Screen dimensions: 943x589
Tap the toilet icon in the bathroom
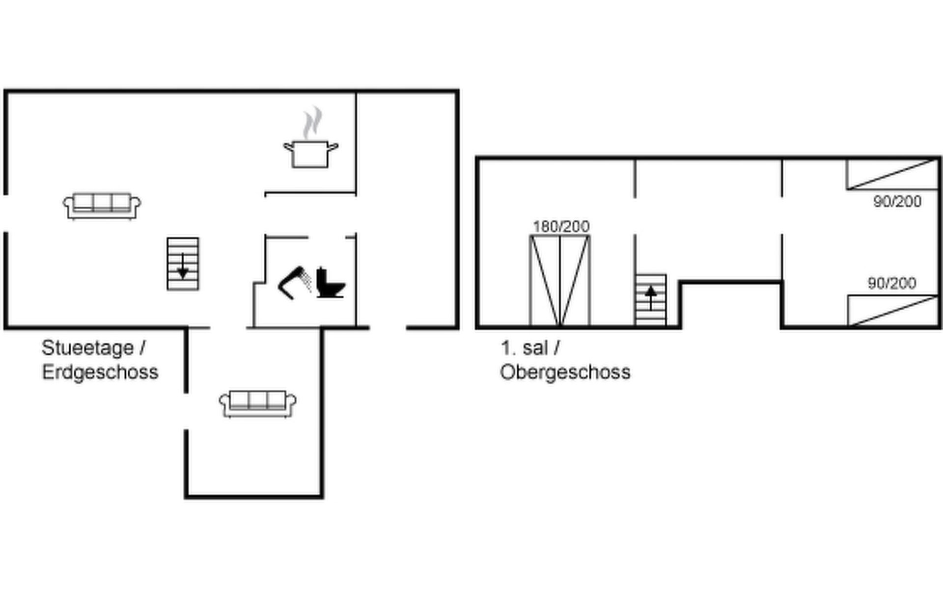pos(330,283)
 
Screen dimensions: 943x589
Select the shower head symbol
pos(295,283)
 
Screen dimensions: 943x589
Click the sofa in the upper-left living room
pos(102,206)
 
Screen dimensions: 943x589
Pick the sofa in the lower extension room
pos(258,404)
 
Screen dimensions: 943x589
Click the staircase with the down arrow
pos(183,264)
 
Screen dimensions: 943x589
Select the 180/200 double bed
pos(560,281)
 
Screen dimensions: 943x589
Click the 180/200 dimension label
pos(561,226)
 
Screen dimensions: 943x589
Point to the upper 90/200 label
pos(897,201)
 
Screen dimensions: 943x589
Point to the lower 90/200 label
pos(892,283)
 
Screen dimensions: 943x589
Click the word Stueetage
pos(88,348)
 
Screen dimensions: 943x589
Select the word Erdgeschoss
pos(100,372)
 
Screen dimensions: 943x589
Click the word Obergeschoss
pos(565,372)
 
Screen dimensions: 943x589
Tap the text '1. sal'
pos(524,348)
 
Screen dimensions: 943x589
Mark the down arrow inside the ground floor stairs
pos(183,267)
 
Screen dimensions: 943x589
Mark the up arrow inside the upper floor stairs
pos(651,298)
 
